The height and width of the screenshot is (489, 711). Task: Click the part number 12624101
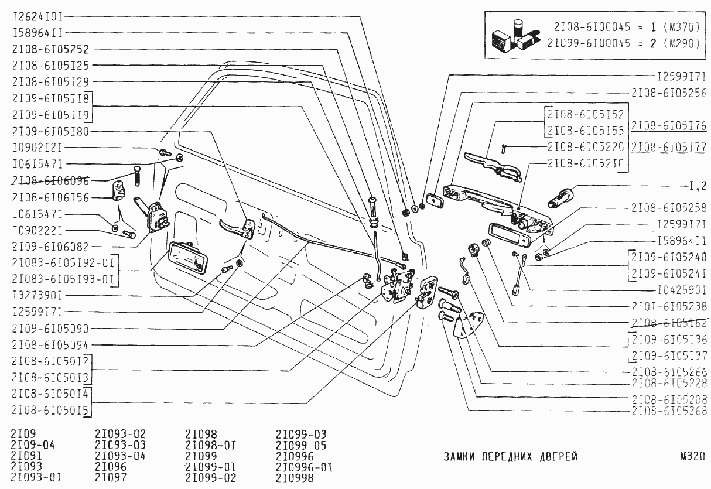[x=37, y=16]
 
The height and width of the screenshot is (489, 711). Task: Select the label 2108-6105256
[x=668, y=93]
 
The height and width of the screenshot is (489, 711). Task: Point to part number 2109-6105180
[x=49, y=131]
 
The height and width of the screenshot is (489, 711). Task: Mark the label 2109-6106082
[x=49, y=247]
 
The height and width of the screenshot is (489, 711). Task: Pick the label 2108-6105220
[x=586, y=146]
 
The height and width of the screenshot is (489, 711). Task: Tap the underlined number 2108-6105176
[x=668, y=126]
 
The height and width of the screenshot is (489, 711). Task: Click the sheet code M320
[x=692, y=457]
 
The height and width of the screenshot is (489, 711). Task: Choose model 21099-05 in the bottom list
[x=300, y=445]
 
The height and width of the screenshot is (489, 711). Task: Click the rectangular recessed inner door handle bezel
[x=186, y=258]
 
